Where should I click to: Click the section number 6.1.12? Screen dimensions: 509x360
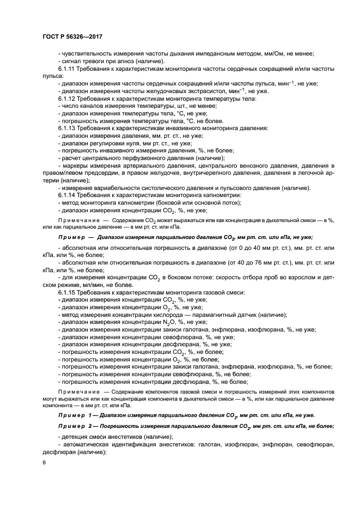coord(69,98)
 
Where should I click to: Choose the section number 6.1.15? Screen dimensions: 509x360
coord(69,293)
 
